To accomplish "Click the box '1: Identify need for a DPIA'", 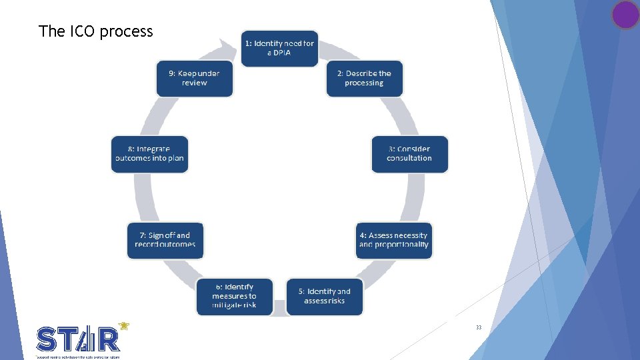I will [279, 48].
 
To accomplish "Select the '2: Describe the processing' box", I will [364, 79].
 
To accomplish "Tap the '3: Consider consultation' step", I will [409, 154].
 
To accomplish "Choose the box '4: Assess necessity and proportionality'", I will [393, 240].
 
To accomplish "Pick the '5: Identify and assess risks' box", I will [325, 296].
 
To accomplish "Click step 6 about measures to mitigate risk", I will [234, 296].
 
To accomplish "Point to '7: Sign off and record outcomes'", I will [165, 240].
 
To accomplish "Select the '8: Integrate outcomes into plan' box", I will [149, 154].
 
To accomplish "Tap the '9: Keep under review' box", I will [195, 79].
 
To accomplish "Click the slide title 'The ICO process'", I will [96, 31].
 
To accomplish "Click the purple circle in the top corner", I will [625, 15].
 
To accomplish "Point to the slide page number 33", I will [479, 327].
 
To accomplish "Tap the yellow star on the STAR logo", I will [123, 326].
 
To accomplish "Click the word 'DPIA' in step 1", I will [279, 53].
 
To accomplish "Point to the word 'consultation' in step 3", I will [409, 159].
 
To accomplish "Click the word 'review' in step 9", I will [195, 83].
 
